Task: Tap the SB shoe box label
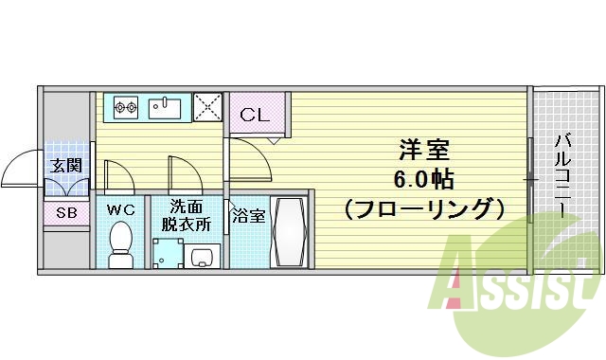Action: point(66,213)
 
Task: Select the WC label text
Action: point(119,207)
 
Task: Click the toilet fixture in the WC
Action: point(120,243)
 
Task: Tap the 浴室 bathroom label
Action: point(249,215)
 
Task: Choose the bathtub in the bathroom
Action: point(288,231)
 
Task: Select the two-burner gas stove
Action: point(126,108)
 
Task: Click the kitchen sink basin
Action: point(169,108)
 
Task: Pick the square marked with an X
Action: point(207,108)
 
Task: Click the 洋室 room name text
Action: point(423,150)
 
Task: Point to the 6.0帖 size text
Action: point(423,178)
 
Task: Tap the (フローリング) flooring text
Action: point(423,207)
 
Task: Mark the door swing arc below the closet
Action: point(248,156)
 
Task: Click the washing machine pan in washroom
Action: point(167,253)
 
